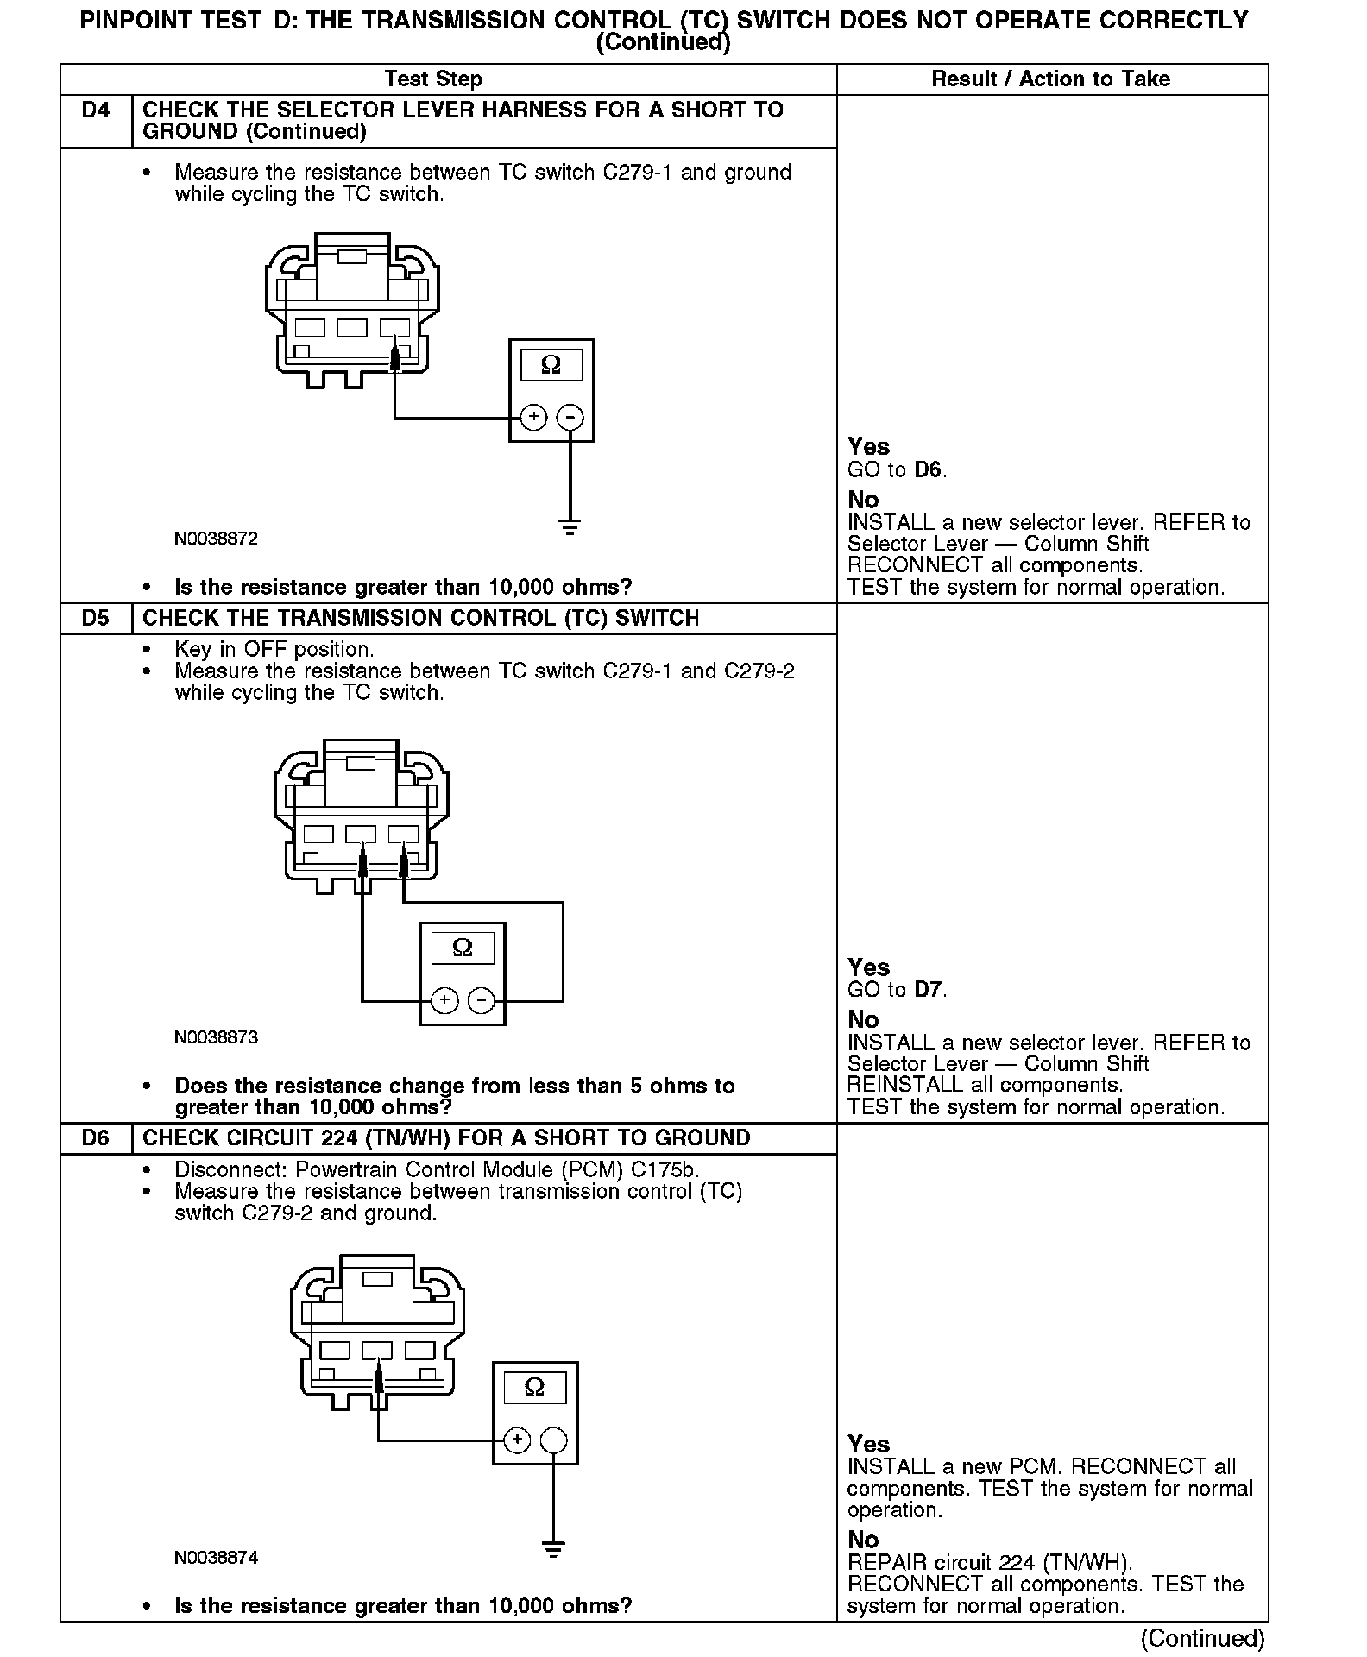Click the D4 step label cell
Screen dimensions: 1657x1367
point(96,111)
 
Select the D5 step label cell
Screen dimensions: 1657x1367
point(96,619)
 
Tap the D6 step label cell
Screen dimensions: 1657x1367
point(96,1138)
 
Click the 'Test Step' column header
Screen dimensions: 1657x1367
point(433,79)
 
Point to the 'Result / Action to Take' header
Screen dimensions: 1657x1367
point(1050,79)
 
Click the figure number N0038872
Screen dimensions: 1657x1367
point(216,539)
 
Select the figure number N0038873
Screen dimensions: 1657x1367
point(216,1037)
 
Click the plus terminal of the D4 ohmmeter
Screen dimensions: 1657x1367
point(534,418)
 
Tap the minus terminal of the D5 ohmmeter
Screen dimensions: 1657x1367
point(481,1001)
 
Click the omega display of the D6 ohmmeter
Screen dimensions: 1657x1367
point(534,1388)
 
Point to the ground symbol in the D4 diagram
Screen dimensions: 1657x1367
point(570,526)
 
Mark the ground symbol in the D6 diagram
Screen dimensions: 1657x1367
point(553,1547)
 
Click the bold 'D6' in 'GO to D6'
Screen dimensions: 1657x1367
point(928,470)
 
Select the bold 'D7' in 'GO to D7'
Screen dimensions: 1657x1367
point(928,990)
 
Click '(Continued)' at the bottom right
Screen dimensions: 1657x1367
point(1202,1638)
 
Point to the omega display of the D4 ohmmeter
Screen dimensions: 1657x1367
point(551,366)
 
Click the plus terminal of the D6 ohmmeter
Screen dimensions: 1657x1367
point(517,1440)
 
